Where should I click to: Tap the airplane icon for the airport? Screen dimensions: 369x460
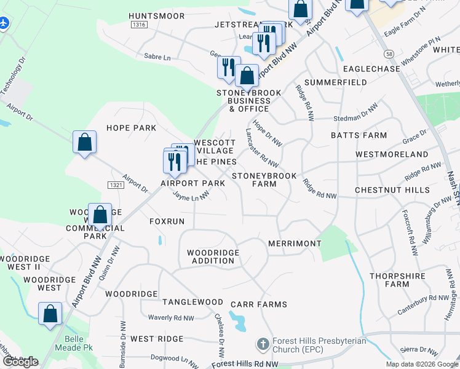[x=5, y=23]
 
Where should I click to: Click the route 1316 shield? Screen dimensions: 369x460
[x=139, y=25]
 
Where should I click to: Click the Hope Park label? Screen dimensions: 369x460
[x=131, y=128]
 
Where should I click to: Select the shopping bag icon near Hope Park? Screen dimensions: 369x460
[x=85, y=142]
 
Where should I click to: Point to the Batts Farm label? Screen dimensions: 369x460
[x=367, y=135]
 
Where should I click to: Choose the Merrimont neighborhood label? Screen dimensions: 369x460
[x=295, y=244]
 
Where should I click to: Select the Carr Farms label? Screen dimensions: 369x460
[x=259, y=304]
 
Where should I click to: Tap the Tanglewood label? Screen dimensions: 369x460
[x=192, y=302]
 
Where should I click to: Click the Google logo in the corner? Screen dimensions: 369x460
[x=20, y=361]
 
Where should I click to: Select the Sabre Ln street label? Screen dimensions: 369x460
[x=157, y=57]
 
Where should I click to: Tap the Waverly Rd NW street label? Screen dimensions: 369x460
[x=171, y=318]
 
